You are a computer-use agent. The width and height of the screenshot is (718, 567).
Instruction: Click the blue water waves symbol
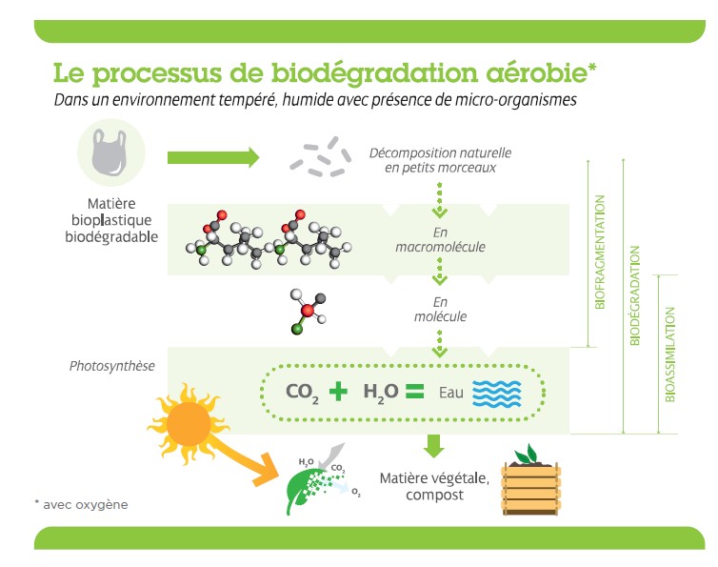coord(500,392)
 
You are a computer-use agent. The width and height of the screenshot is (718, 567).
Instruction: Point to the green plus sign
coord(338,391)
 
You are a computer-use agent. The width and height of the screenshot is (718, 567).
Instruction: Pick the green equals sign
coord(412,391)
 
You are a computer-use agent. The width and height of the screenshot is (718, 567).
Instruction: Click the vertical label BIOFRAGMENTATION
coord(599,253)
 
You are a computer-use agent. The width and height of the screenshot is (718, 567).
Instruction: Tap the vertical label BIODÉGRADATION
coord(635,294)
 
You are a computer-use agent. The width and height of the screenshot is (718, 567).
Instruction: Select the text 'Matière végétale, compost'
coord(434,486)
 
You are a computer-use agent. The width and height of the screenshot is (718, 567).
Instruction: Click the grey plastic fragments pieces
coord(320,157)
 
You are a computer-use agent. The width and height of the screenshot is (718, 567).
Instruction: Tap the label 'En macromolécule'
coord(440,240)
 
